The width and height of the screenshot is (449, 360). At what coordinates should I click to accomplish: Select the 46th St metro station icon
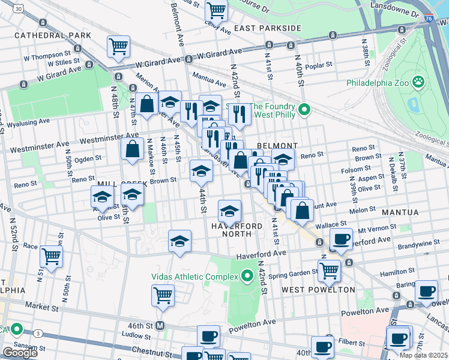tap(160, 325)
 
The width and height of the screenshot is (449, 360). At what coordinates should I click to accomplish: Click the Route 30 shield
tap(20, 9)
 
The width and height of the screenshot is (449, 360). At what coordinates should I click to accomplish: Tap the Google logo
tap(20, 353)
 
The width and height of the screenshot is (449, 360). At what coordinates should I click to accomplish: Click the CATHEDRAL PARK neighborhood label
tap(53, 35)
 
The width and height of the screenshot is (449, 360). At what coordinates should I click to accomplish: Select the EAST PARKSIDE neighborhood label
tap(267, 28)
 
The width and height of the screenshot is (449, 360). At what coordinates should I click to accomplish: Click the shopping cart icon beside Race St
tap(52, 257)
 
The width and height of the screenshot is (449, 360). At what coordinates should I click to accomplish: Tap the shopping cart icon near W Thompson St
tap(119, 46)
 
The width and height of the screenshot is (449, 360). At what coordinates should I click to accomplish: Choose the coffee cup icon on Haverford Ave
tap(342, 238)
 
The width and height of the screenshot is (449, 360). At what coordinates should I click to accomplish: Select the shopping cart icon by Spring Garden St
tap(329, 270)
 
